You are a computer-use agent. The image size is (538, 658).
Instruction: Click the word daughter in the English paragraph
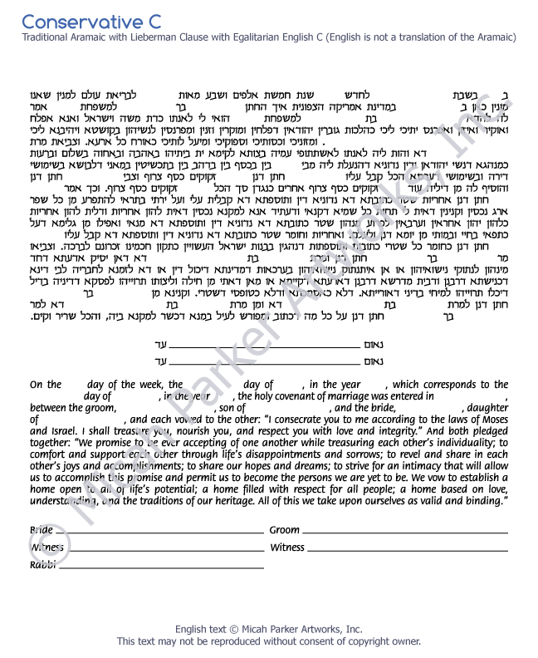(x=489, y=408)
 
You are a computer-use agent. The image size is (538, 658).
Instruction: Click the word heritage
(x=237, y=502)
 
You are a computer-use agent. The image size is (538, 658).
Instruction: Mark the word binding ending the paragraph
(x=484, y=502)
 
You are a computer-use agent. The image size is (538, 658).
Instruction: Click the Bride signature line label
(x=42, y=530)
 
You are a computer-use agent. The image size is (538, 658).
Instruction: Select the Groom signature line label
(x=284, y=530)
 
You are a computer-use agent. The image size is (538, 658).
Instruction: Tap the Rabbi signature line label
(x=42, y=565)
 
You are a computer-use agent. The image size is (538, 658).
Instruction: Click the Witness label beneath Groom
(x=287, y=548)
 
